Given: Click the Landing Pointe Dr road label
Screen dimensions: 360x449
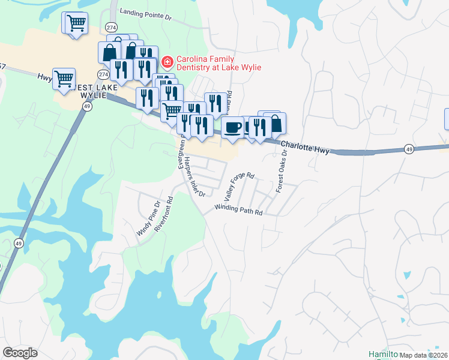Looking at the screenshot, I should coord(145,14).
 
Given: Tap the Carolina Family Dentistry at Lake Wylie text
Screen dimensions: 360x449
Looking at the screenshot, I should coord(218,63).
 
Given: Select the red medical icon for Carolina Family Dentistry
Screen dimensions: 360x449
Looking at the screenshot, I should coord(167,62).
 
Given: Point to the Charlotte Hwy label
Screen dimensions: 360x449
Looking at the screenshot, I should coord(305,148).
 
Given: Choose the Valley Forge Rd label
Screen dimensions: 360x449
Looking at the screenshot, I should coord(239,187).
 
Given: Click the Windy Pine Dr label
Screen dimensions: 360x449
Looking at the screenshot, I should coord(148,218).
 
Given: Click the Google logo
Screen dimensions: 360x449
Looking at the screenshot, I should coord(20,353).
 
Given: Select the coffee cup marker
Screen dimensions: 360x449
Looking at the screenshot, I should coord(232,127).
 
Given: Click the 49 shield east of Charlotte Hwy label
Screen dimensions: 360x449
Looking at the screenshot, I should coord(408,149).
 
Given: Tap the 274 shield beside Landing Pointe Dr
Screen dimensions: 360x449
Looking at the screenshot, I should coord(112,28).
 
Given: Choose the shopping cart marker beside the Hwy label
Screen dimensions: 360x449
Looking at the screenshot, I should coord(64,78).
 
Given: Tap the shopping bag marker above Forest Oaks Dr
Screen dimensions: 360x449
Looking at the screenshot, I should coord(275,124).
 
